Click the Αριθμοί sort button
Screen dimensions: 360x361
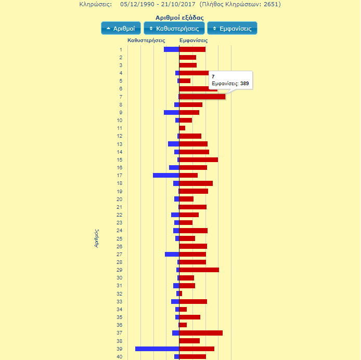point(121,29)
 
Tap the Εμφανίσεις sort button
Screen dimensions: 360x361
point(232,29)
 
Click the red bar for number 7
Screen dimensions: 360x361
point(202,97)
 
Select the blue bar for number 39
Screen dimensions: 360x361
point(157,349)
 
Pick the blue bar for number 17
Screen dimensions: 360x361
point(166,176)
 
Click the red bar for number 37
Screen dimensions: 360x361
point(201,333)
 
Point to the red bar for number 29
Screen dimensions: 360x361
point(199,270)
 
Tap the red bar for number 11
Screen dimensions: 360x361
point(182,128)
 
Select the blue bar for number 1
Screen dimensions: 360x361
point(172,49)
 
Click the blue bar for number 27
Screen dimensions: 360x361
point(172,254)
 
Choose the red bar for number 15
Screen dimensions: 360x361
point(199,159)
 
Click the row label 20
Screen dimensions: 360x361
point(119,199)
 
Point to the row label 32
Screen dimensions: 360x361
point(119,294)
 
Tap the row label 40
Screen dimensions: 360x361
point(119,356)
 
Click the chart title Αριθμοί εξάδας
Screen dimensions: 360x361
point(179,18)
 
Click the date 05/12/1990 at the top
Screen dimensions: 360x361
point(138,5)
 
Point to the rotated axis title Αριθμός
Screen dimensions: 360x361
point(97,238)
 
